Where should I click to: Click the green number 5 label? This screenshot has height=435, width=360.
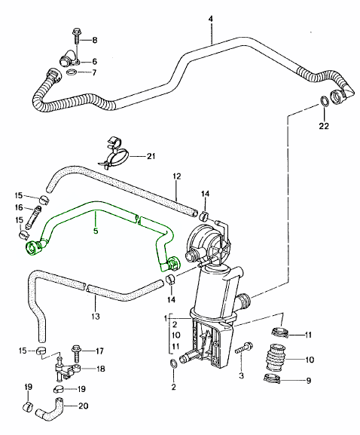[96, 231]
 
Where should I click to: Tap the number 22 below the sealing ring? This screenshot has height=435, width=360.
[323, 126]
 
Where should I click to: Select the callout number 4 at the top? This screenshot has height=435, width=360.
[211, 19]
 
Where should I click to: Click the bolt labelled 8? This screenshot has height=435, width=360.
[75, 37]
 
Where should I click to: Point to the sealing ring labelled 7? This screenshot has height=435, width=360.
[72, 72]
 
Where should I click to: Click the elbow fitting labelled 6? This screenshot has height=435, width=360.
[68, 58]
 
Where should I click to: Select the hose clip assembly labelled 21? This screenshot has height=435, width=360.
[114, 152]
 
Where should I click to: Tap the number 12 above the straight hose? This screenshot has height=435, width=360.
[177, 176]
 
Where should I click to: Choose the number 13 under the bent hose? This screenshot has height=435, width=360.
[96, 316]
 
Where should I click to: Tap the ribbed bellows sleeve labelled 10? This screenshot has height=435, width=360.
[275, 357]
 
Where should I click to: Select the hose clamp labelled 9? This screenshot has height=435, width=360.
[272, 378]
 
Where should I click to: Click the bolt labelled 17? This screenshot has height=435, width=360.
[76, 354]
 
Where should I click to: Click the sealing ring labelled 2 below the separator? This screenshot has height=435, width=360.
[172, 363]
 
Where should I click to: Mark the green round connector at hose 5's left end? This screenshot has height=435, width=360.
[32, 248]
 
